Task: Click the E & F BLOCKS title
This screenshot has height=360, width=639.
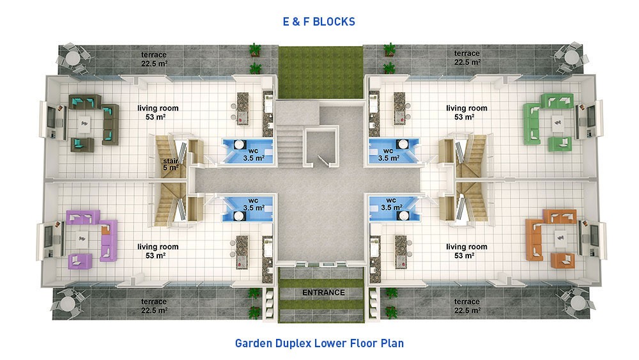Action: point(319,22)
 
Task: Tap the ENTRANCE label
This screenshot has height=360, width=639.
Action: point(323,292)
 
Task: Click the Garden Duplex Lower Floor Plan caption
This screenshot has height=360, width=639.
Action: point(319,343)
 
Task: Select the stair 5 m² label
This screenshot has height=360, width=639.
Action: point(171,164)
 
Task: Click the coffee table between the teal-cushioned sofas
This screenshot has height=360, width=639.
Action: point(84,123)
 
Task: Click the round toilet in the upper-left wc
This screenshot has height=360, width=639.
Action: point(239,145)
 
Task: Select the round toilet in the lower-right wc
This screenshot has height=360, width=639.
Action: point(404,215)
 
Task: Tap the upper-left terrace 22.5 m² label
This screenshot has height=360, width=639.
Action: point(154,59)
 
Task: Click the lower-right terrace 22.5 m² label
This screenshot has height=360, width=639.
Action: point(467,306)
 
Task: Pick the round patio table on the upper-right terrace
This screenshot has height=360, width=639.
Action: point(572,57)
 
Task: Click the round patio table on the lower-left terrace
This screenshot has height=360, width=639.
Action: point(67,304)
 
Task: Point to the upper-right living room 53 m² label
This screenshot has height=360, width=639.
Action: point(466,113)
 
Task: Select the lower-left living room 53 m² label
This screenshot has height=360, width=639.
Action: point(158,251)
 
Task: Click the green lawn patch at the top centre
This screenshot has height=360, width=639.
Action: point(321,72)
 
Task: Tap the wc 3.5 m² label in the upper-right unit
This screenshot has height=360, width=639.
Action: point(389,155)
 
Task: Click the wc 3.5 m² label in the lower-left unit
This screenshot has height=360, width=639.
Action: point(254,204)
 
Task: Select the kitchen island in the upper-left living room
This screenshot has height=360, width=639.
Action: point(243,109)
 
